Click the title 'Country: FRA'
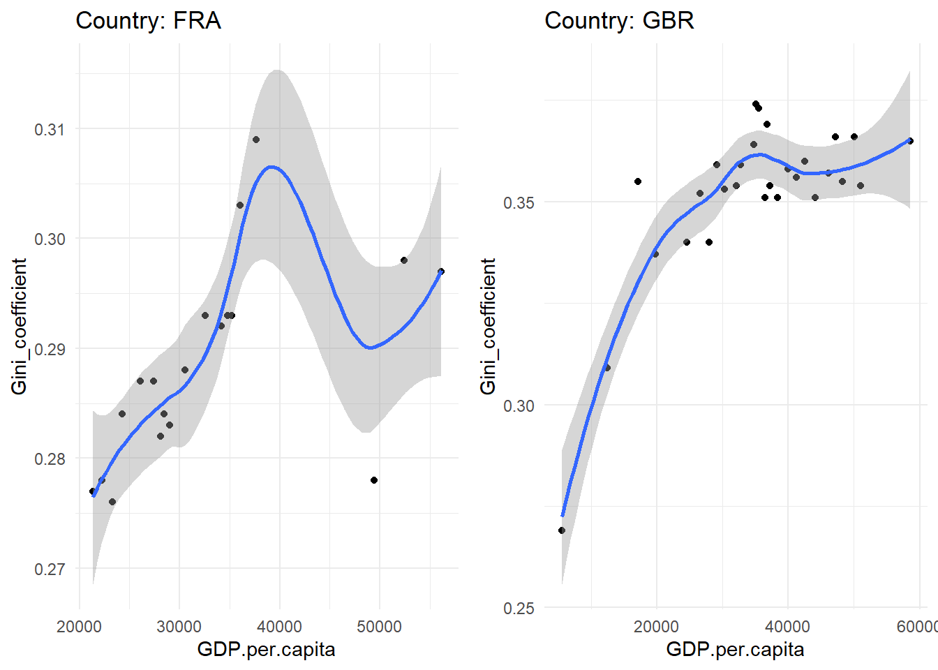tap(148, 21)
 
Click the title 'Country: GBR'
tap(619, 21)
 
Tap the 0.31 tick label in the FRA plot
tap(49, 129)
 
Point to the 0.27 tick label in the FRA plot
tap(49, 569)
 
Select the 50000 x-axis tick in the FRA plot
tap(379, 626)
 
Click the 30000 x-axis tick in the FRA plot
tap(179, 626)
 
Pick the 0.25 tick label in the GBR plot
tap(518, 608)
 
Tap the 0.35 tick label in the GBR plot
tap(518, 203)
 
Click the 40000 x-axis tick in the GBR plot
tap(788, 626)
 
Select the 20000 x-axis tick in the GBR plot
tap(656, 626)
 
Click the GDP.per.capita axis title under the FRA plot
tap(266, 650)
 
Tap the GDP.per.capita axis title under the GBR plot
tap(735, 650)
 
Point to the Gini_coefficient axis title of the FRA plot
tap(20, 326)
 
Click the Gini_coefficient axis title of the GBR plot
tap(489, 326)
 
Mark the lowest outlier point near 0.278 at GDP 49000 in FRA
tap(374, 480)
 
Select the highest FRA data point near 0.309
tap(256, 140)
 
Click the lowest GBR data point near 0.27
tap(562, 530)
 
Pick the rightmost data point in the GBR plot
tap(910, 141)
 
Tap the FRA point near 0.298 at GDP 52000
tap(404, 260)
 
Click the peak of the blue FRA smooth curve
tap(271, 167)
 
